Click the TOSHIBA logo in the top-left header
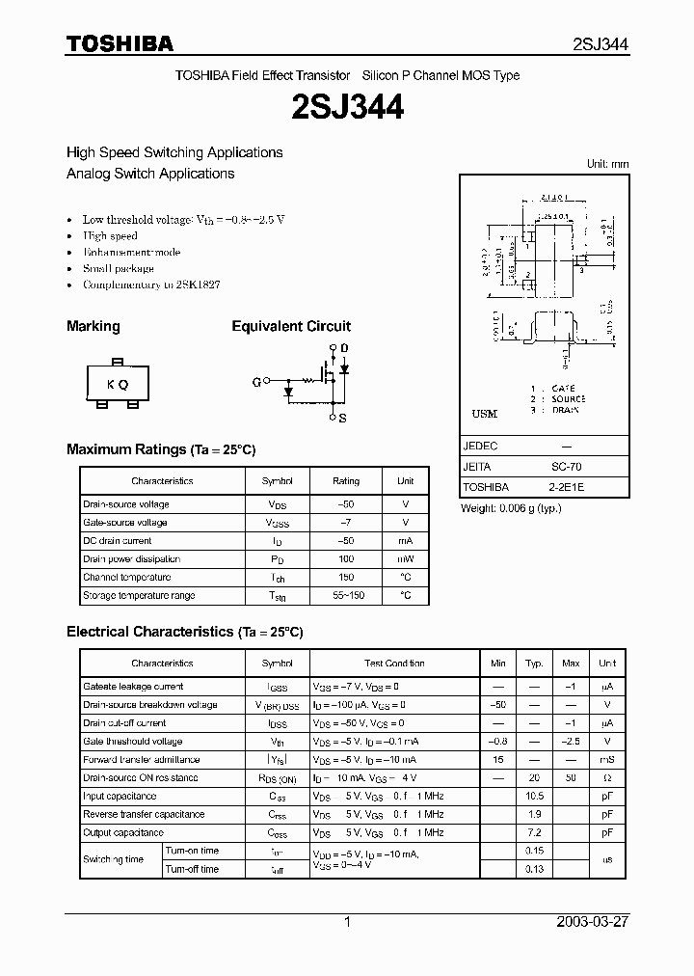coord(120,43)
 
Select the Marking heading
coord(93,326)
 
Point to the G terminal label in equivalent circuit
coord(256,382)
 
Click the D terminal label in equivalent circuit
coord(344,347)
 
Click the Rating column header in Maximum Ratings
coord(346,480)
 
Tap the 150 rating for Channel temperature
coord(346,577)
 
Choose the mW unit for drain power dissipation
coord(405,558)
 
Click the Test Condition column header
coord(394,664)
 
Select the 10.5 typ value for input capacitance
coord(534,797)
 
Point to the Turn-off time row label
coord(192,869)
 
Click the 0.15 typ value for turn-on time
coord(534,851)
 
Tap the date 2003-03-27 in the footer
coord(593,922)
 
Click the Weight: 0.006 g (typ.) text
coord(511,508)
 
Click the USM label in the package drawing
coord(485,414)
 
